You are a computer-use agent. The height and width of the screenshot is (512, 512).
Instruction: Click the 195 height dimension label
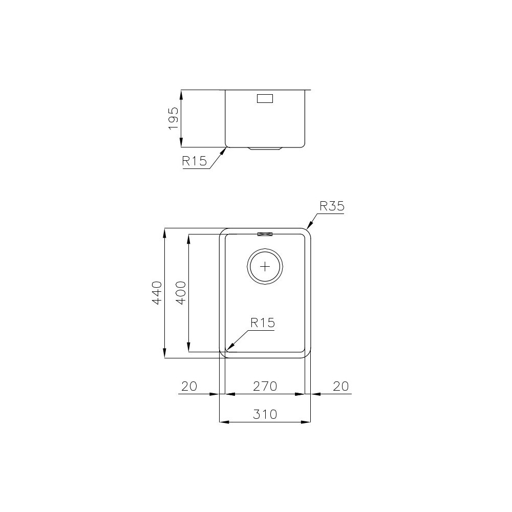click(173, 118)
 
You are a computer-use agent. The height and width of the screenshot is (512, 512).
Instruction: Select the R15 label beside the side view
click(194, 161)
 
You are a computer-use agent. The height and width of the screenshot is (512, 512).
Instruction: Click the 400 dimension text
click(181, 293)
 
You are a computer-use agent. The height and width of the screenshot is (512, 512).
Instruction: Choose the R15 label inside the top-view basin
click(263, 323)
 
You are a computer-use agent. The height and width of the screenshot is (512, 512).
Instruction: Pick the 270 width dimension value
click(265, 386)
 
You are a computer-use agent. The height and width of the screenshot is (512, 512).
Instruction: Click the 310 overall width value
click(265, 414)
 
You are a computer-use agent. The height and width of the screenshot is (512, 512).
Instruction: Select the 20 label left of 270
click(189, 386)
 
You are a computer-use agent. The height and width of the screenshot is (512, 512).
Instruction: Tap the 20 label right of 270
click(340, 386)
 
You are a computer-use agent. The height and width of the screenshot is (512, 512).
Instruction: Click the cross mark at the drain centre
click(265, 266)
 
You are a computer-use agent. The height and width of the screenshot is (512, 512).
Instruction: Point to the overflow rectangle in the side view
click(265, 99)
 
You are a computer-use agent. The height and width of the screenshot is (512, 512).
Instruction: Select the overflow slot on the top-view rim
click(265, 234)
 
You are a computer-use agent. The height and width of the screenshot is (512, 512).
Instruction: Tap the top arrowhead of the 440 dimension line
click(164, 231)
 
